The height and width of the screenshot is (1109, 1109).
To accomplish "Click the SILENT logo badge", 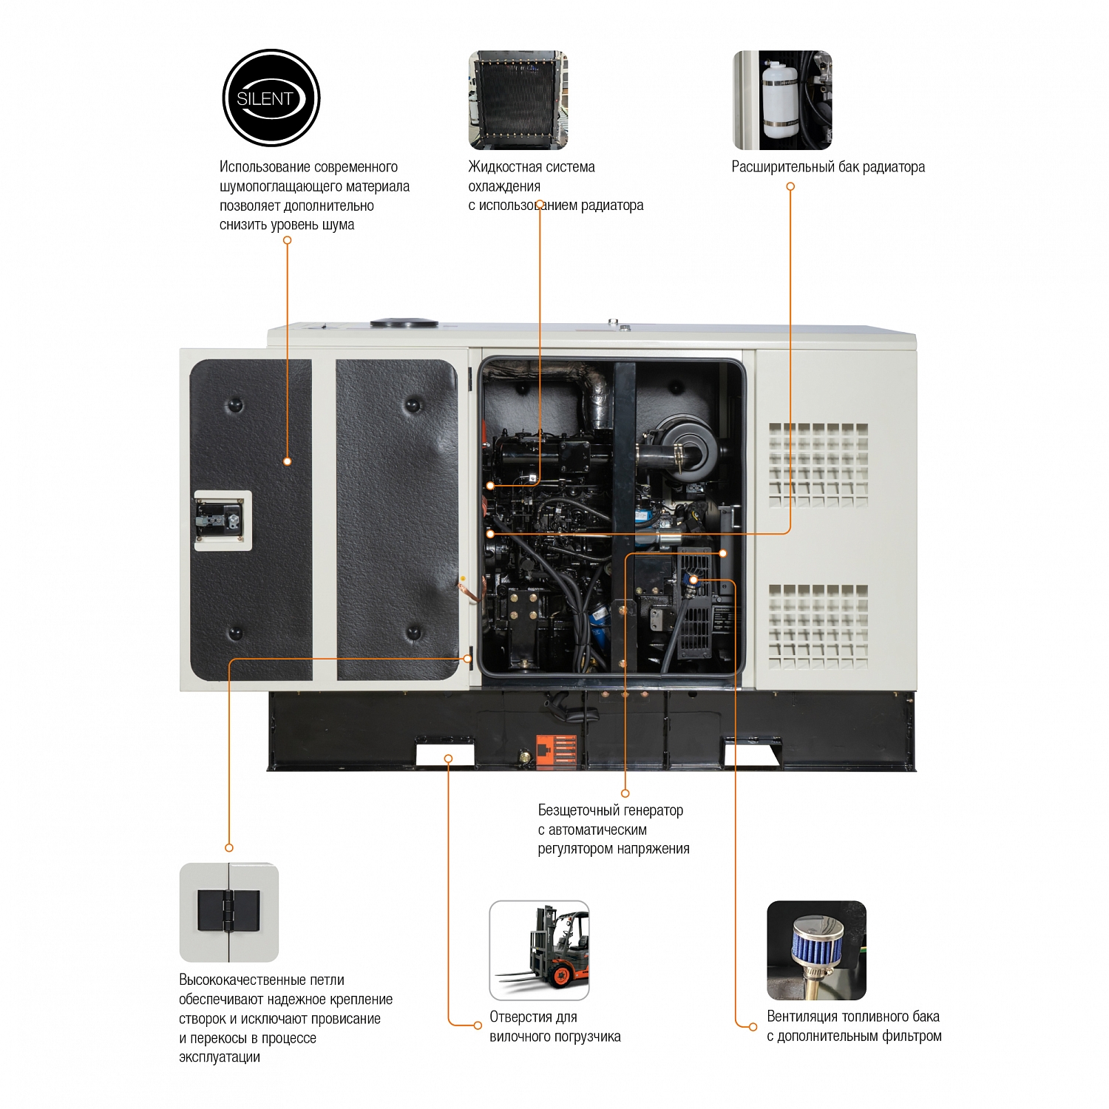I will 271,98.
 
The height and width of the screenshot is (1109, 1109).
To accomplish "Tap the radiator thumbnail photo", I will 518,100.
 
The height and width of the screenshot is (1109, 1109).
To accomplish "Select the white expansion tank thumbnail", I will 782,100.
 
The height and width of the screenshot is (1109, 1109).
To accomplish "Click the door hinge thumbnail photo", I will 229,912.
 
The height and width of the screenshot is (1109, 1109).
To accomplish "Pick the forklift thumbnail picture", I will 539,950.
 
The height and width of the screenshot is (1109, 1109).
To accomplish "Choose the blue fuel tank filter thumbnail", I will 816,950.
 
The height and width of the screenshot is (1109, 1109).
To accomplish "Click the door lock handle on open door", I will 223,520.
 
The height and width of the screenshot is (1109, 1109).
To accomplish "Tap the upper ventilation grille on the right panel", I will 818,465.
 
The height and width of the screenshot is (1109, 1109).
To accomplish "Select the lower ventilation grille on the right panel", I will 818,626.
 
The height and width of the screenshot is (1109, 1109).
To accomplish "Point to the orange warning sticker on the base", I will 556,753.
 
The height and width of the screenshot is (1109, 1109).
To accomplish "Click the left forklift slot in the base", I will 445,754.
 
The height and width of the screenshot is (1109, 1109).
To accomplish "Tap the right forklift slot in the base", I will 750,754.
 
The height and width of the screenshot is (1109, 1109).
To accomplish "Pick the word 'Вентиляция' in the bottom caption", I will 801,1017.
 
